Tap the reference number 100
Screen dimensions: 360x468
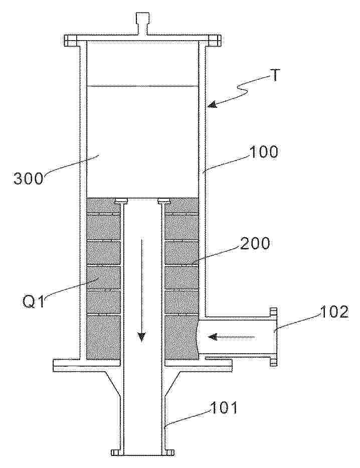(x=263, y=152)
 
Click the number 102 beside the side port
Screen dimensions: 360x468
(x=334, y=312)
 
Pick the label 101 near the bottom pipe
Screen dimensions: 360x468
(x=224, y=407)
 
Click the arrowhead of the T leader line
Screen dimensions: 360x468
(x=213, y=104)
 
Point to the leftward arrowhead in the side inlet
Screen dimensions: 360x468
(x=213, y=337)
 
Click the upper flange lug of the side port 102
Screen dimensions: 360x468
(x=273, y=311)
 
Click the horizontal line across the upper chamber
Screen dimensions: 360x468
(x=142, y=87)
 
